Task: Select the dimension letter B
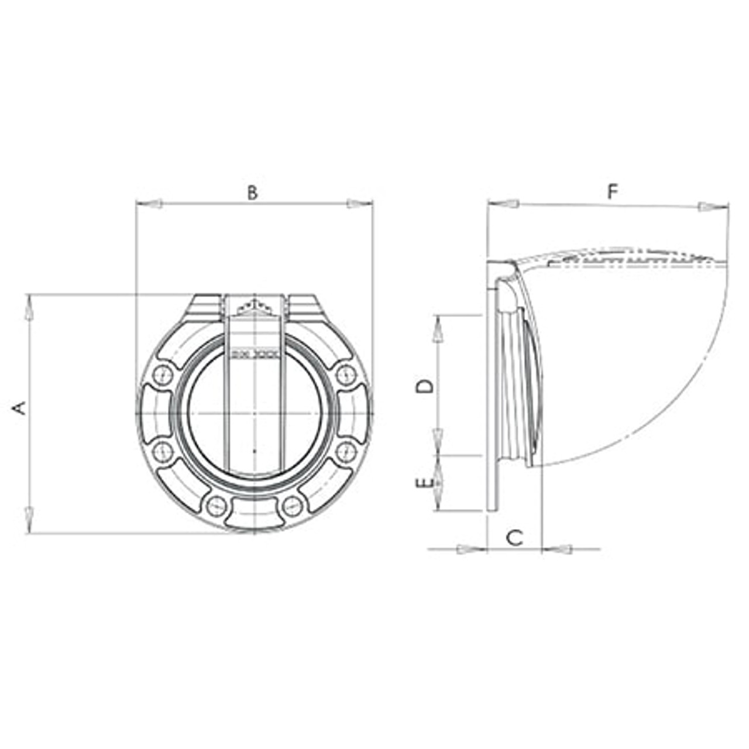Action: (252, 193)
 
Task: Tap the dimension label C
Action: (514, 537)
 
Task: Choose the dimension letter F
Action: (612, 191)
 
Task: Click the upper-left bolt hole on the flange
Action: (162, 374)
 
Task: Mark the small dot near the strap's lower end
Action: (255, 451)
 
